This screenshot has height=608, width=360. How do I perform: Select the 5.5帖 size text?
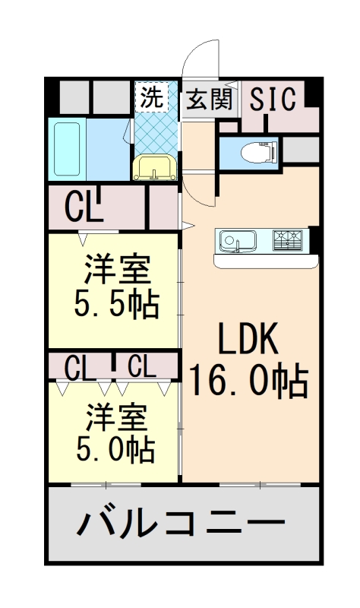(116, 304)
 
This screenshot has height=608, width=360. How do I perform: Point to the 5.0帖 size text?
(115, 448)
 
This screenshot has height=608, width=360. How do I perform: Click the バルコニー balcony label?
(181, 524)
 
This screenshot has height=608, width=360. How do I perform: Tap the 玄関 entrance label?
(210, 99)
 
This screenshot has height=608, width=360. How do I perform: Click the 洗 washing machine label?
(152, 97)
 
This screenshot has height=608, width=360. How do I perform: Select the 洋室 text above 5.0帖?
(115, 416)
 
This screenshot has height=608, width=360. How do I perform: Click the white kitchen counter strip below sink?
(266, 261)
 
